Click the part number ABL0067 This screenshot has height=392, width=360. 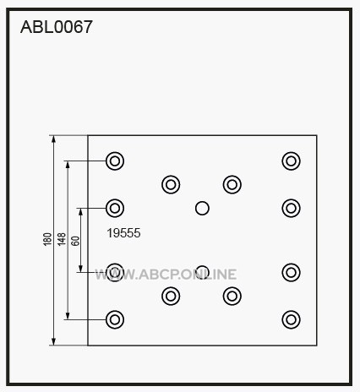click(x=57, y=27)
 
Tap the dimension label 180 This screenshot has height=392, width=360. click(x=47, y=239)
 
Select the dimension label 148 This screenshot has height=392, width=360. click(x=62, y=239)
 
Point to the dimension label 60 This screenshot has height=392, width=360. click(x=75, y=241)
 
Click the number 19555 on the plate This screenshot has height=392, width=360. click(x=123, y=233)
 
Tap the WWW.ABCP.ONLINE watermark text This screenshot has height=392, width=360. click(x=166, y=275)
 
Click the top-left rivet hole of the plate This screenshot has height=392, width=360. click(x=115, y=161)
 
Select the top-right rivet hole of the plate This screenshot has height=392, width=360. click(x=291, y=161)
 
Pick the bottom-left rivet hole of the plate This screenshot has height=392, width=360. click(x=115, y=319)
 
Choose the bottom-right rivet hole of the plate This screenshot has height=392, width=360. click(x=291, y=319)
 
